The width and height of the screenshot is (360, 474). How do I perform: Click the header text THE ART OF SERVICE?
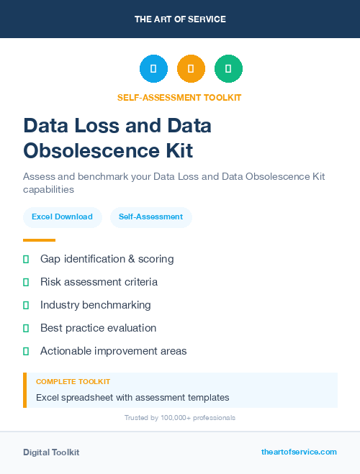(180, 19)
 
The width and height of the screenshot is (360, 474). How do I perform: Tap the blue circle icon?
(153, 69)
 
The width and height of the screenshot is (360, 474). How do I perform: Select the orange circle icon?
(191, 69)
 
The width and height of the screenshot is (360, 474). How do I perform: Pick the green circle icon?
(228, 69)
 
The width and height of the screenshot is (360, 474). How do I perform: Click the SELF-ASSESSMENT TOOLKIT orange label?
(180, 97)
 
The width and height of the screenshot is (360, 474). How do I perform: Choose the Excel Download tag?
(62, 217)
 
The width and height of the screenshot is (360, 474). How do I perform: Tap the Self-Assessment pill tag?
(150, 217)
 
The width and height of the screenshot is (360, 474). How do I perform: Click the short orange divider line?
(39, 240)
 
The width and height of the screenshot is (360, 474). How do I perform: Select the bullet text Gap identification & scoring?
(107, 259)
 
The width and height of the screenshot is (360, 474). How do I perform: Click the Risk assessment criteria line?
(99, 282)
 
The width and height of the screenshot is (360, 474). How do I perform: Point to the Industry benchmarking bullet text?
(96, 305)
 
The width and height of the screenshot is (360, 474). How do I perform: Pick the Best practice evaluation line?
(98, 328)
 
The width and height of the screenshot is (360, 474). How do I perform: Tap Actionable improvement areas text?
(113, 351)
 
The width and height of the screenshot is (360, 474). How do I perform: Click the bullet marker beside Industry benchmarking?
(26, 305)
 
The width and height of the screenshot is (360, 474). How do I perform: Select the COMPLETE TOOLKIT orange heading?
(73, 382)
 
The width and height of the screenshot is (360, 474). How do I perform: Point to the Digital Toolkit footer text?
(51, 452)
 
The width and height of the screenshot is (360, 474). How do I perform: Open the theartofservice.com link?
(299, 452)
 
